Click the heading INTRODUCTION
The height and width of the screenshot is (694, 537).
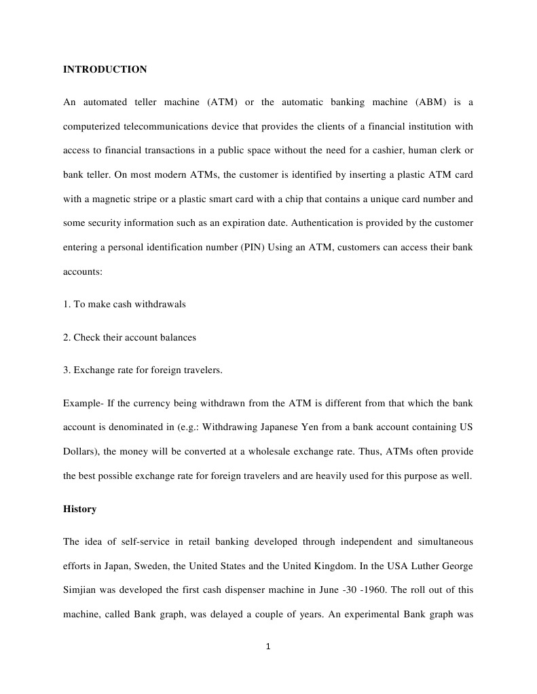coord(105,69)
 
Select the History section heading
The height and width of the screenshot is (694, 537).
coord(79,509)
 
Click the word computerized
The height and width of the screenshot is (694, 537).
coord(94,127)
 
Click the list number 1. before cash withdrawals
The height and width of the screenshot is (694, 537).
coord(67,304)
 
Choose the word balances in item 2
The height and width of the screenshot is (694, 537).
coord(178,337)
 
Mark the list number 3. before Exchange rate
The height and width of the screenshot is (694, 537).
coord(67,370)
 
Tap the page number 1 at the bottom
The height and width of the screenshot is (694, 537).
coord(268,647)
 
